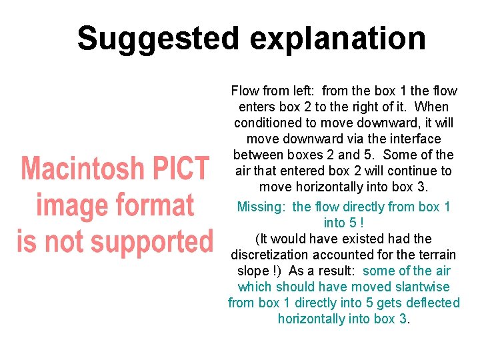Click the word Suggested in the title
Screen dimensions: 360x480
(x=157, y=39)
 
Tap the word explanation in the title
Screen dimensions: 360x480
(x=338, y=39)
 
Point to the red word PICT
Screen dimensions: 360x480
(x=181, y=169)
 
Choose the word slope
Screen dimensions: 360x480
(x=253, y=271)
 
